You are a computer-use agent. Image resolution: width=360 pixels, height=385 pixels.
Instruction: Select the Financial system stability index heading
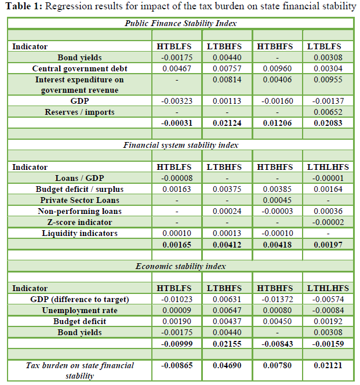180,145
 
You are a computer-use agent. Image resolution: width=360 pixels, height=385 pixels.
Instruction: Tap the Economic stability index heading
180,266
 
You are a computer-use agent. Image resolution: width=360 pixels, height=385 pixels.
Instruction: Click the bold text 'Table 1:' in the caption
24,7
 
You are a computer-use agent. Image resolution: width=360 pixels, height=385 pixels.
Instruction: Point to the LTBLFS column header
328,46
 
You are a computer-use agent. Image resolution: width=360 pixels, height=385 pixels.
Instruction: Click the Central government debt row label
79,68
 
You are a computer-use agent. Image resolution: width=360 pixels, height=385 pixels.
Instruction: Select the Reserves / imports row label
79,111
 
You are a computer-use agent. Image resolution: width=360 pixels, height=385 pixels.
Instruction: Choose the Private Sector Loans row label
79,200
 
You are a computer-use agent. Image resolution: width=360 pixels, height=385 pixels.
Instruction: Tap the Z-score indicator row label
79,222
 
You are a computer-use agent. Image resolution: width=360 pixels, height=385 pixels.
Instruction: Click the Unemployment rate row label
79,310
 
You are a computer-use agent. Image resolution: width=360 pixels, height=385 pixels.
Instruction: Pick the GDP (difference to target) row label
79,299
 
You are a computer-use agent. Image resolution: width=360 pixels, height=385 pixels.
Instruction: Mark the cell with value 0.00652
328,111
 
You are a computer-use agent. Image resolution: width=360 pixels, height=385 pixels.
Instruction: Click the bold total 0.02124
228,123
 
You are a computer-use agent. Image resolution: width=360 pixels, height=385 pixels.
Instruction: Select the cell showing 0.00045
278,200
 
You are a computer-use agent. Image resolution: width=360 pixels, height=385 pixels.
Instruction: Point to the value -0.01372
278,299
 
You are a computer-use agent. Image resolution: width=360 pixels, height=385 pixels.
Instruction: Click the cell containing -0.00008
177,178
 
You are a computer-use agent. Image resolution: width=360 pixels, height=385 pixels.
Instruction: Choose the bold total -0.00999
177,343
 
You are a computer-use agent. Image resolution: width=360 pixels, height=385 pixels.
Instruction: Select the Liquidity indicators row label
79,233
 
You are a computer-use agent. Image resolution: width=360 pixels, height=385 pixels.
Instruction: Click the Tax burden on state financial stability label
79,370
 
